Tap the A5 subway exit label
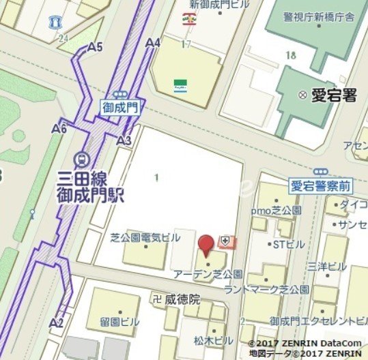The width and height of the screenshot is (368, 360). pyautogui.click(x=96, y=47)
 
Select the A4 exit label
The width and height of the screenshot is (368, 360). pyautogui.click(x=153, y=42)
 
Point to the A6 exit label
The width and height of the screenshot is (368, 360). pyautogui.click(x=59, y=127)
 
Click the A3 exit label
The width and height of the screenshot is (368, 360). pyautogui.click(x=124, y=140)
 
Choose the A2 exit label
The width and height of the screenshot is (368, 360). pyautogui.click(x=57, y=322)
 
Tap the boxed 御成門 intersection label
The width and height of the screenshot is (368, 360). pyautogui.click(x=121, y=106)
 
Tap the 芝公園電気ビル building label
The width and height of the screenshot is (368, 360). pyautogui.click(x=145, y=237)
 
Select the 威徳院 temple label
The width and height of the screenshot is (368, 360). pyautogui.click(x=182, y=299)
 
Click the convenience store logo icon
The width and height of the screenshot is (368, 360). pyautogui.click(x=180, y=85)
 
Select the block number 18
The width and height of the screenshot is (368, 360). pyautogui.click(x=292, y=55)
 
